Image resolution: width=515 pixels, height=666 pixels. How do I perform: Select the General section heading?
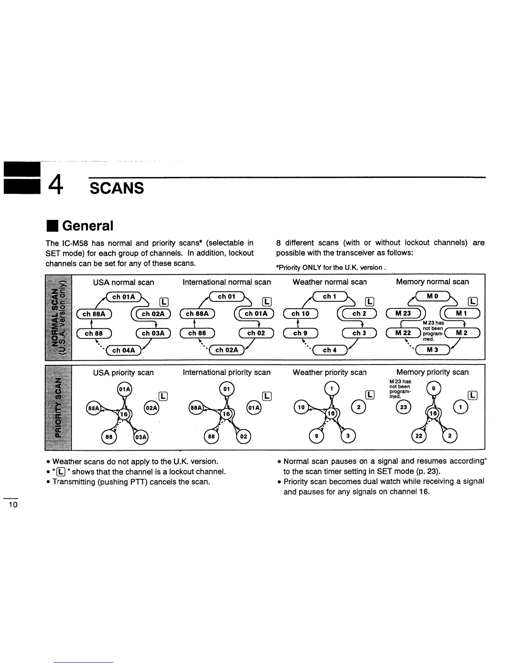click(x=88, y=226)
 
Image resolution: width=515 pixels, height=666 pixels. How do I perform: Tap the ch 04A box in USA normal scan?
click(x=123, y=351)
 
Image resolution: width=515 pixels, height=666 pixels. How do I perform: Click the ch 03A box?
click(x=153, y=333)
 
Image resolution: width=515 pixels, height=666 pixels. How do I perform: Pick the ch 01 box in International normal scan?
click(x=226, y=297)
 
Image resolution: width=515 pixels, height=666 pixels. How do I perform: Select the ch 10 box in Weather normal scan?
click(x=300, y=314)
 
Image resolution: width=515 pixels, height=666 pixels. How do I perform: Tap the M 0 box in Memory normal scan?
click(x=433, y=296)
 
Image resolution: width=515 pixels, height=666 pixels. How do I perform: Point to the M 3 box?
click(x=432, y=350)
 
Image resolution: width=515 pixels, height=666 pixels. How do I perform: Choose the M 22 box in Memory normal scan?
click(x=403, y=333)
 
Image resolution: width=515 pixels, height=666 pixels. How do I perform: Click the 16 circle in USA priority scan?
click(x=124, y=414)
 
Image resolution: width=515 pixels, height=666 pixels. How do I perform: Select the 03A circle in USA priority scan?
click(x=141, y=437)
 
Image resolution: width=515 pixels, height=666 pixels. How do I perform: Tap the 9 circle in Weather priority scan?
click(x=317, y=437)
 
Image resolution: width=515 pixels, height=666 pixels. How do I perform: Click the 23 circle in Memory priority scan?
click(x=403, y=407)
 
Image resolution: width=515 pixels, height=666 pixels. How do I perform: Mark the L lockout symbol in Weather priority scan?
click(x=369, y=394)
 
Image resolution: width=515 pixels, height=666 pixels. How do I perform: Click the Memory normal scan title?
click(x=432, y=282)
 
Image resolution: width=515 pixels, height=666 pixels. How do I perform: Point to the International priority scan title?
click(x=226, y=373)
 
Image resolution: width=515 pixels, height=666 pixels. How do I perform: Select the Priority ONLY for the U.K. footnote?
click(x=331, y=267)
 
